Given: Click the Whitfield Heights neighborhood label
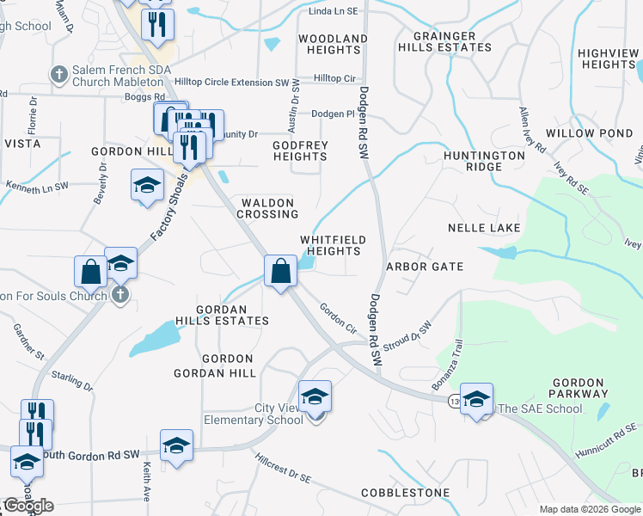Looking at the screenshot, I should [333, 245].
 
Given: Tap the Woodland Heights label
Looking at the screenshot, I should [333, 45].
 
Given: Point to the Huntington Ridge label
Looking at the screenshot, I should [484, 162].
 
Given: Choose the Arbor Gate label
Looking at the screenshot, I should [425, 267].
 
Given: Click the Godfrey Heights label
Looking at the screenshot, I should [300, 150].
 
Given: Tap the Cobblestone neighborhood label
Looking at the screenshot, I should [405, 493].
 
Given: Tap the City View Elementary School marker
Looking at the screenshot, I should [315, 397].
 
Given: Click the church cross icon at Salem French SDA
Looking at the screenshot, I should [59, 74].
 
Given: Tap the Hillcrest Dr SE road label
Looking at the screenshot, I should [281, 470].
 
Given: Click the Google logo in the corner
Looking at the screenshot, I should [28, 506].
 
